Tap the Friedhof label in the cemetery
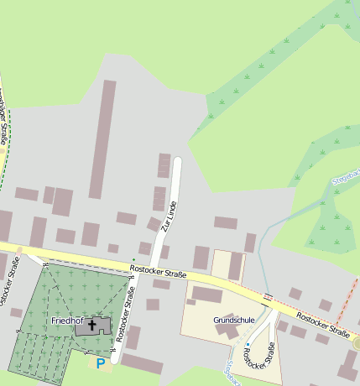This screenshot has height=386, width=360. (66, 321)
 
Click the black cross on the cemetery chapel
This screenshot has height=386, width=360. (91, 323)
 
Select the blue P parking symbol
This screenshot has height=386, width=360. (101, 363)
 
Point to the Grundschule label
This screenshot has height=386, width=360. (233, 321)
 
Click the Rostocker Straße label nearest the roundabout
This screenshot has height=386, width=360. (323, 326)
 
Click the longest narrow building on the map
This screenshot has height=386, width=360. (103, 138)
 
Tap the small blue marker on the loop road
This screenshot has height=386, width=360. (248, 343)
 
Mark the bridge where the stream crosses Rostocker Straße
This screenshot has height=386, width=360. (268, 296)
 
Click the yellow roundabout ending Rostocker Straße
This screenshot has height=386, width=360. (357, 343)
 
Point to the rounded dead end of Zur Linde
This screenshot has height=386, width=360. (177, 159)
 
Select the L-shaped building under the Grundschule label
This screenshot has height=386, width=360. (227, 331)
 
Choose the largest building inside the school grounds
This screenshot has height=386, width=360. (206, 295)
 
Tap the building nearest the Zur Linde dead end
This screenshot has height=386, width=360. (164, 165)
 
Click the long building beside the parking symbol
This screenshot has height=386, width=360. (142, 363)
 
